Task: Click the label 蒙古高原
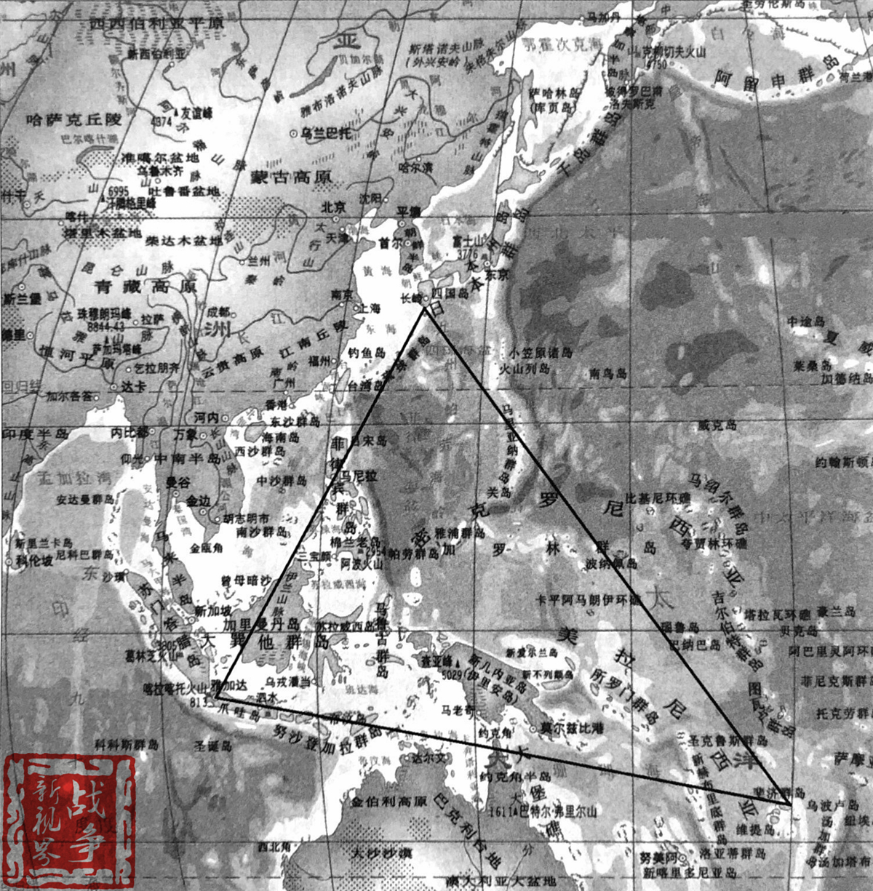point(291,176)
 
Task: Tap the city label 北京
point(334,207)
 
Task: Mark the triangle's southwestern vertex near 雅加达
point(216,696)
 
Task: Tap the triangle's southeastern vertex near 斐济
point(790,804)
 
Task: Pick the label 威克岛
point(717,425)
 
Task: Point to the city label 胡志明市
point(245,519)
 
